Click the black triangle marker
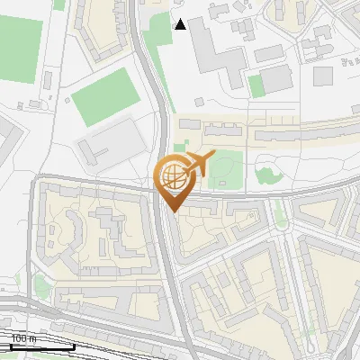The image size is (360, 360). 181,24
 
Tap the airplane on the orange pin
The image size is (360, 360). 197,163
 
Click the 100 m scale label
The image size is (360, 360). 24,338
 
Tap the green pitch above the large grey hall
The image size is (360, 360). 105,100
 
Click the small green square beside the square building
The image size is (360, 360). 256,85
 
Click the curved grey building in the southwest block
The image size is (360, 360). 63,236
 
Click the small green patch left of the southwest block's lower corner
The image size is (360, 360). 40,287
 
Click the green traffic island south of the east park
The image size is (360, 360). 281,212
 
